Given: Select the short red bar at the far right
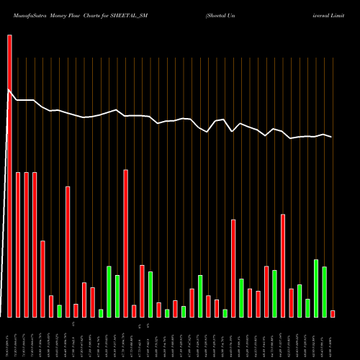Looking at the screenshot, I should coord(333,313).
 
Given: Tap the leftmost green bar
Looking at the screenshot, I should coord(59,311).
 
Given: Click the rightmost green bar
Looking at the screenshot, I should coord(325,292).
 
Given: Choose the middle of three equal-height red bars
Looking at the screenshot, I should coord(26,245).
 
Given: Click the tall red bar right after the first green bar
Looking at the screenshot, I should coord(68,252).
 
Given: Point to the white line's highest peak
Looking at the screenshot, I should coord(9,90).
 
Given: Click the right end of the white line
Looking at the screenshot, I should coord(332,137).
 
